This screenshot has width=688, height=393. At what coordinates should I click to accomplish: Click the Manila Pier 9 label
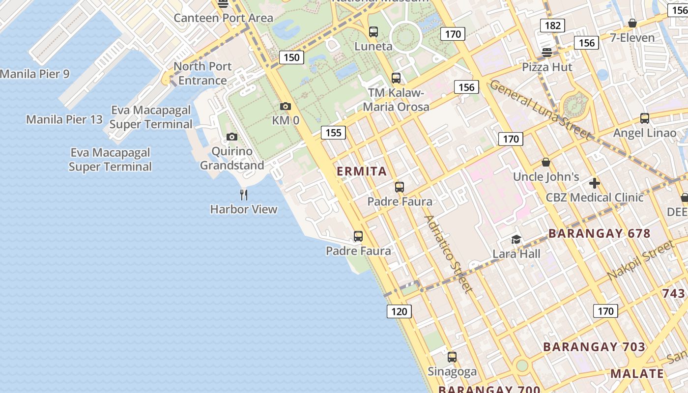coord(35,74)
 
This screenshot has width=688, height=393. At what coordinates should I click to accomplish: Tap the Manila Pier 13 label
coord(64,119)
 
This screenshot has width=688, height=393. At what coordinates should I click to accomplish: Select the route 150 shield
coord(291,57)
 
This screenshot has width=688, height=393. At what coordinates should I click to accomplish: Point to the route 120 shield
coord(399,311)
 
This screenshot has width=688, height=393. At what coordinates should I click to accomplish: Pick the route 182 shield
coord(553,26)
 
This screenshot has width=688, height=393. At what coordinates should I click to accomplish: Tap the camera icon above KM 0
coord(286,106)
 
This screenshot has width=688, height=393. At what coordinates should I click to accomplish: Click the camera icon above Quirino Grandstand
coord(232,137)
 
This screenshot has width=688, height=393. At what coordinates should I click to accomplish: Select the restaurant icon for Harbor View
coord(244,195)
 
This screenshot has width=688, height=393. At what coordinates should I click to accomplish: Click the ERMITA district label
coord(362,171)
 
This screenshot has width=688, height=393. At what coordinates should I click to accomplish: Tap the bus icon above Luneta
coord(373,32)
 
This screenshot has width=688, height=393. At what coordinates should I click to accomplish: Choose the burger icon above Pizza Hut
coord(547,52)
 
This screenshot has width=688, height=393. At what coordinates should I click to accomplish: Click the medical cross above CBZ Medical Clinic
coord(595,184)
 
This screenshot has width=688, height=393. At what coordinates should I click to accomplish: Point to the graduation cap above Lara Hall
coord(516,239)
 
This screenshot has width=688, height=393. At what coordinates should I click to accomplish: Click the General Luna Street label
coord(540,109)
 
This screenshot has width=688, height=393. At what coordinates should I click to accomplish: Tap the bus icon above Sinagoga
coord(452,357)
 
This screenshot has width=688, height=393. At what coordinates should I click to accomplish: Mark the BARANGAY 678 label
coord(600,233)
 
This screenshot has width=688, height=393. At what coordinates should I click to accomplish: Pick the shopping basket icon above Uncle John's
coord(546,163)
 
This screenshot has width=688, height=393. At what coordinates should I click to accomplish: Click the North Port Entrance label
coord(202,73)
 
